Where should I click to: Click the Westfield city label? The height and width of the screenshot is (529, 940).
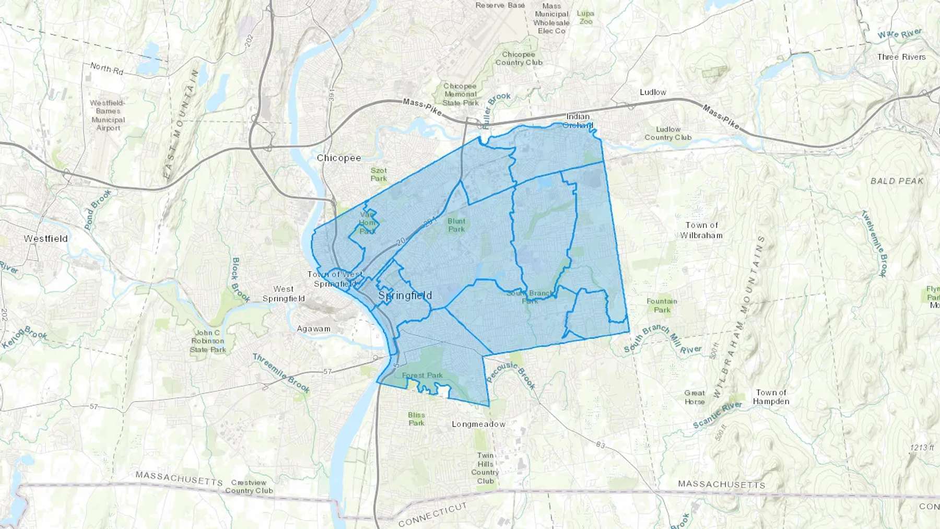[45, 239]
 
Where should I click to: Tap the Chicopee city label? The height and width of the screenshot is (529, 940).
[339, 158]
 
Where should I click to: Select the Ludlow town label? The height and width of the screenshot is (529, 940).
[653, 92]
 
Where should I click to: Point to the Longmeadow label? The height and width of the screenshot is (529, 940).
[478, 424]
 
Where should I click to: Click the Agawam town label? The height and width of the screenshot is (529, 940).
[313, 328]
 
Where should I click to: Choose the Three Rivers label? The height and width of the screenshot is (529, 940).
[901, 57]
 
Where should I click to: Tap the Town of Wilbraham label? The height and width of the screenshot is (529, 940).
[701, 230]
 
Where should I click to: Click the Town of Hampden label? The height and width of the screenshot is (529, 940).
[771, 397]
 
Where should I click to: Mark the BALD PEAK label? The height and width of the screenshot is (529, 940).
[897, 181]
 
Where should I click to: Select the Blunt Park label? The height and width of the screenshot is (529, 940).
[456, 225]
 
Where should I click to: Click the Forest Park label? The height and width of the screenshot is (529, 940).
[422, 375]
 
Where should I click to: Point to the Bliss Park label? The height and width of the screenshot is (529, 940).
[416, 419]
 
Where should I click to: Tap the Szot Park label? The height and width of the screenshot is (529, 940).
[379, 174]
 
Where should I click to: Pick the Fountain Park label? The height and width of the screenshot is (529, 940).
[662, 305]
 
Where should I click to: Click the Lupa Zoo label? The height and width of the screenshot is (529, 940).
[585, 17]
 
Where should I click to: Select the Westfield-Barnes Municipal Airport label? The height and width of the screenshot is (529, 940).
[108, 115]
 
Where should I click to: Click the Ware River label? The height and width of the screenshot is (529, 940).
[899, 34]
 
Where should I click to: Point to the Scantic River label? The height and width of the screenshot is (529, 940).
[717, 415]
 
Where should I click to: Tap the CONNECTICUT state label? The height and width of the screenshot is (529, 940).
[432, 514]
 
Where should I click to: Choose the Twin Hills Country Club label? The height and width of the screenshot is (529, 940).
[485, 468]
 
